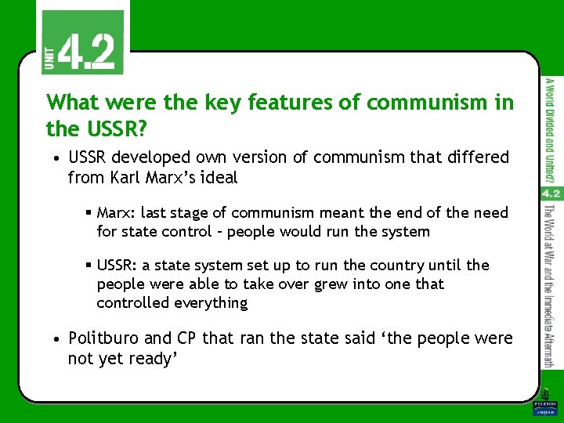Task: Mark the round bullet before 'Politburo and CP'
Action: coord(58,339)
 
